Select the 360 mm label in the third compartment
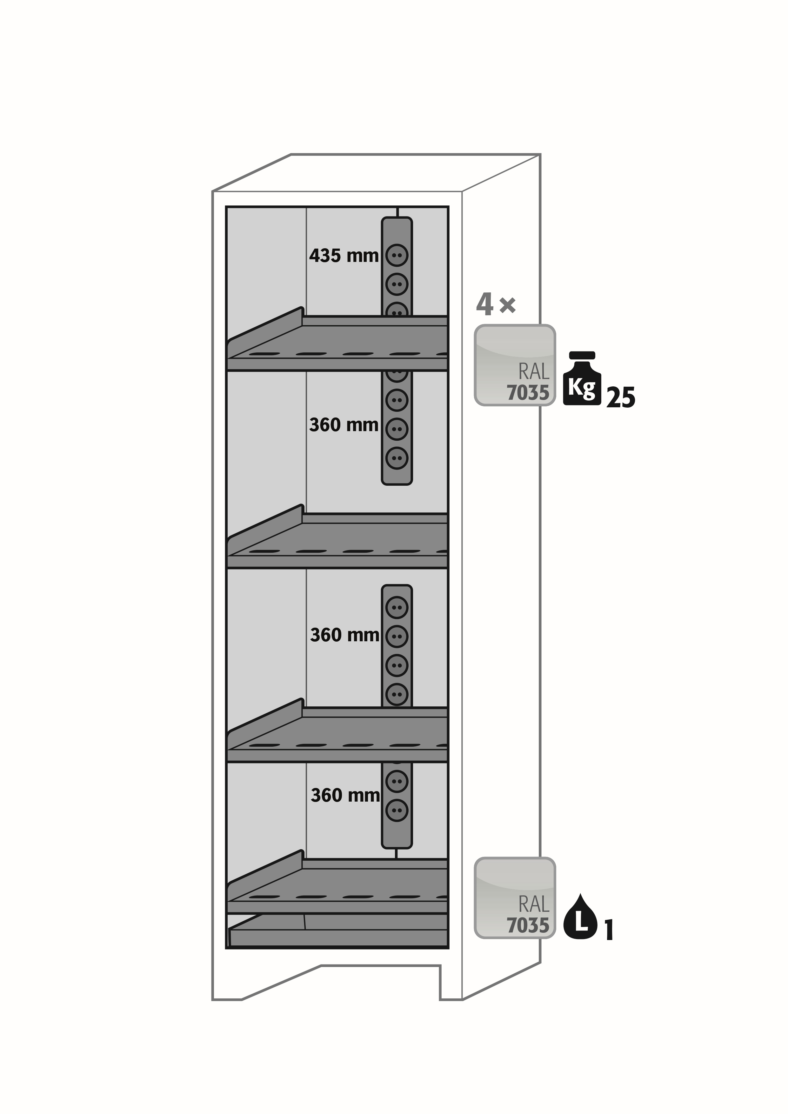pos(344,635)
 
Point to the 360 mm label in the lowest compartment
pos(345,796)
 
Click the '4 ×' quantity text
pos(496,304)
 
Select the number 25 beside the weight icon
pos(621,397)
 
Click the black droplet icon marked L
pos(580,916)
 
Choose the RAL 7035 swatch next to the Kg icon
pos(515,365)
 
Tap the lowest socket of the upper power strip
pos(397,457)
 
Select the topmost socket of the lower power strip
pos(397,607)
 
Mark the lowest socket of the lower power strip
pos(397,810)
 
